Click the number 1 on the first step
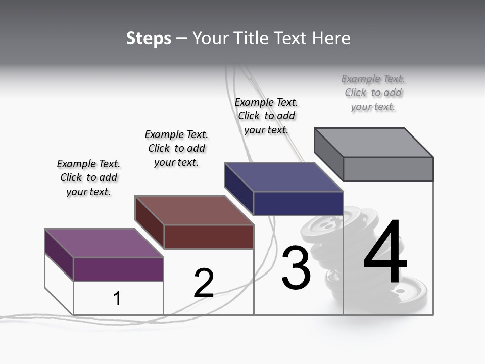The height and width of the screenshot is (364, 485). [117, 298]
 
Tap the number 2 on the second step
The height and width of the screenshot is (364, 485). [204, 283]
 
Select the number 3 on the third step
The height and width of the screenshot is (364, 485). [296, 268]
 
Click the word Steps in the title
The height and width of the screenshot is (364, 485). [149, 38]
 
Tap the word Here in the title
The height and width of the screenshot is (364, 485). [331, 38]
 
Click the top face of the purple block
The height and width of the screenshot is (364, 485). [104, 243]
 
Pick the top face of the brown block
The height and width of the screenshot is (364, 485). [194, 210]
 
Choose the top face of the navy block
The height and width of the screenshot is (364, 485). [284, 177]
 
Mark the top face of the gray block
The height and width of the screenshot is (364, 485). [374, 143]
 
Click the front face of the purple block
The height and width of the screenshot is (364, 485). [118, 269]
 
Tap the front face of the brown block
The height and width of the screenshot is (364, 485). [209, 237]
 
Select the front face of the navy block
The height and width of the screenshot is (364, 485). [298, 204]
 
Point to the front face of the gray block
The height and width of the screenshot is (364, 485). [388, 169]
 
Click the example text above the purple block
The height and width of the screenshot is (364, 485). [88, 177]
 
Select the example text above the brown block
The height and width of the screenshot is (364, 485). [176, 148]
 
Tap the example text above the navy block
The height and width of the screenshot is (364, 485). [266, 116]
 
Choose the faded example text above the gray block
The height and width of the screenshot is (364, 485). [373, 93]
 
